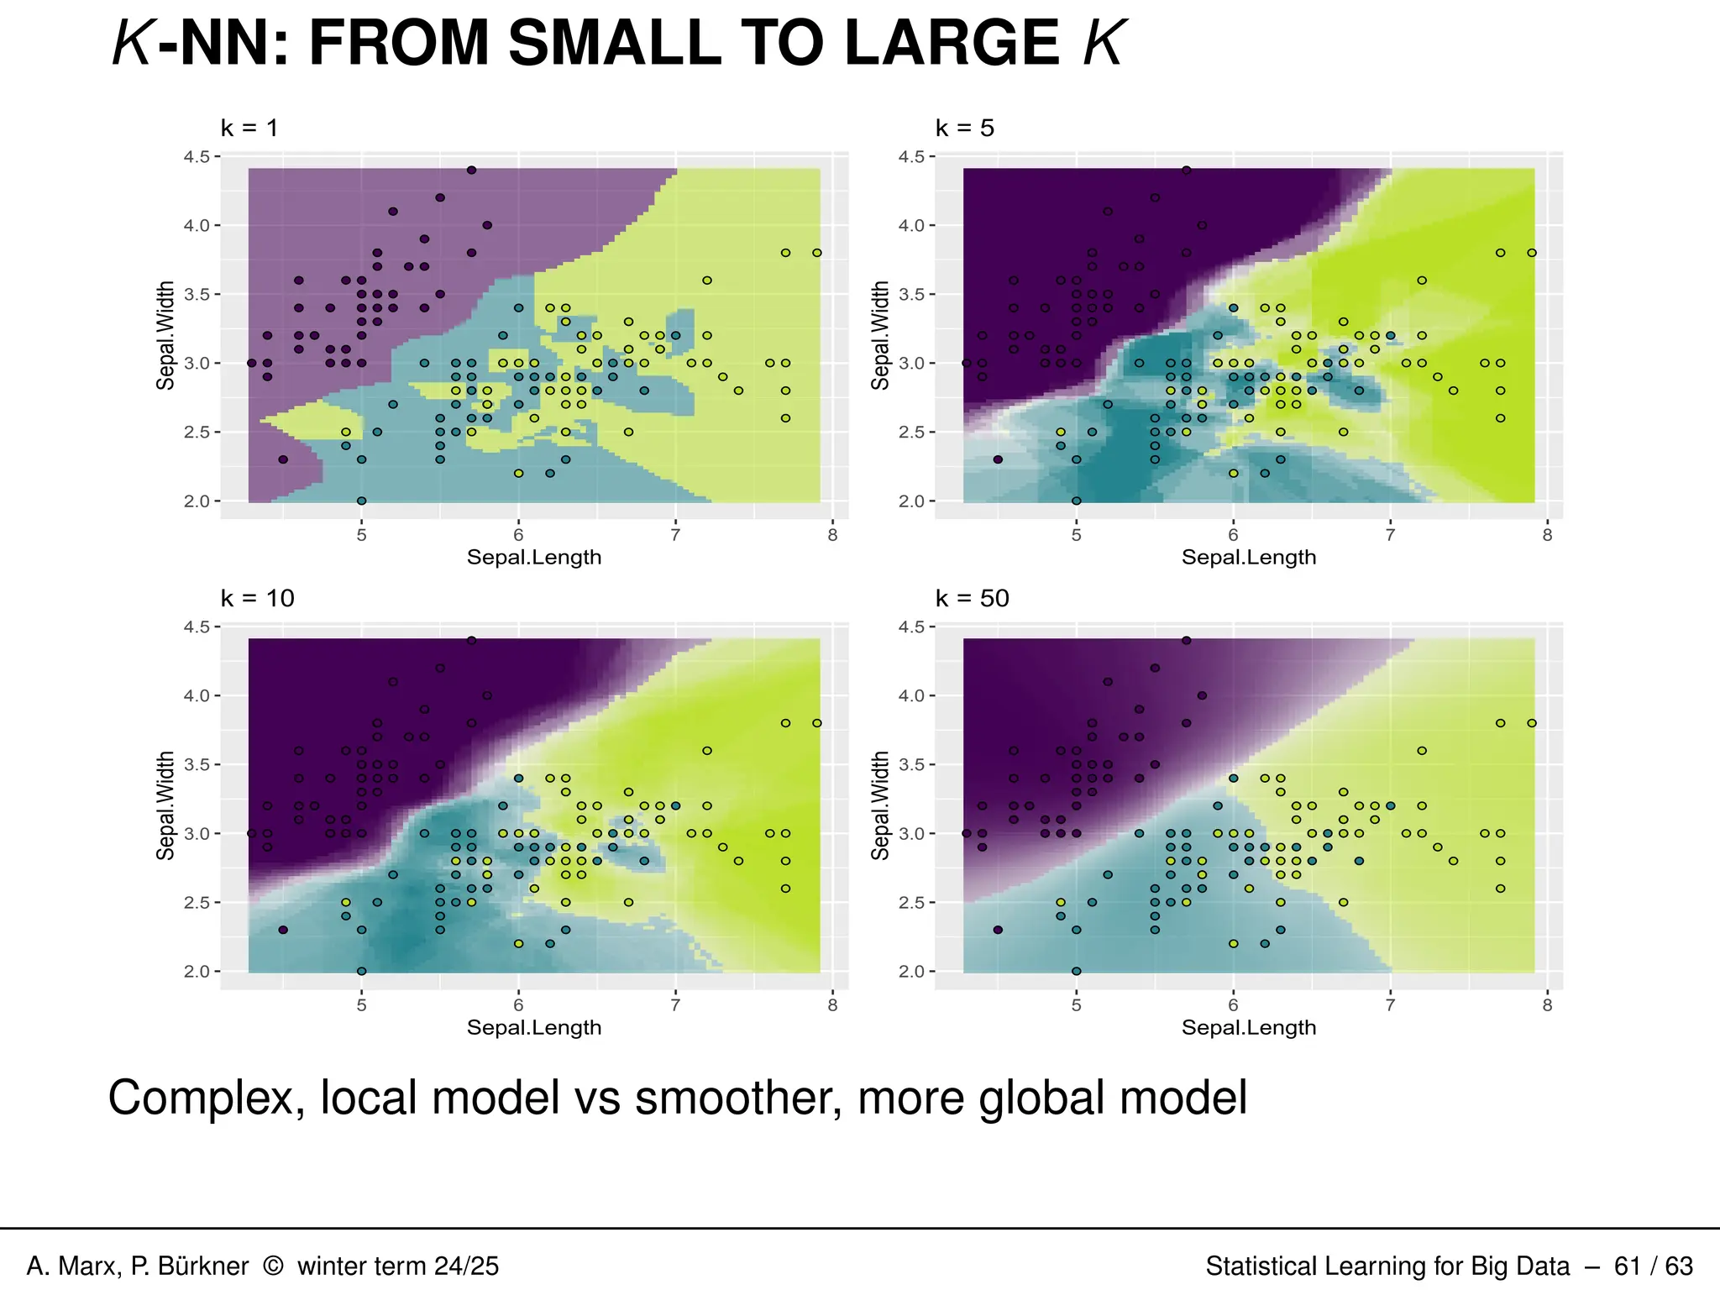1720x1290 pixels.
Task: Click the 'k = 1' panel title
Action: click(x=249, y=128)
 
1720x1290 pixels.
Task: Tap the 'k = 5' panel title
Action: click(x=964, y=128)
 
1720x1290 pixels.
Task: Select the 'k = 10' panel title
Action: click(x=257, y=599)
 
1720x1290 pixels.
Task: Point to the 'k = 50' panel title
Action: click(x=972, y=599)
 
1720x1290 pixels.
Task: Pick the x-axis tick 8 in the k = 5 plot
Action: click(x=1547, y=536)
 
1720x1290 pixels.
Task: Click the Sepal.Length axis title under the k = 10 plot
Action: click(x=534, y=1028)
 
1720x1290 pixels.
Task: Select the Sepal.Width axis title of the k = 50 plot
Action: click(x=880, y=805)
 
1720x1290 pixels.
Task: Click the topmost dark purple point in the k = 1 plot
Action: click(x=472, y=170)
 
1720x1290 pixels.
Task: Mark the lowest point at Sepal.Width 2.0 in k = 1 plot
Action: click(x=361, y=501)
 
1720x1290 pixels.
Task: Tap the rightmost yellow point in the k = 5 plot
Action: click(x=1532, y=253)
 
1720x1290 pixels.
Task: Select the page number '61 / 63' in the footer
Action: click(x=1653, y=1266)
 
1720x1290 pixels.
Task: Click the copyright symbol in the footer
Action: click(x=273, y=1266)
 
